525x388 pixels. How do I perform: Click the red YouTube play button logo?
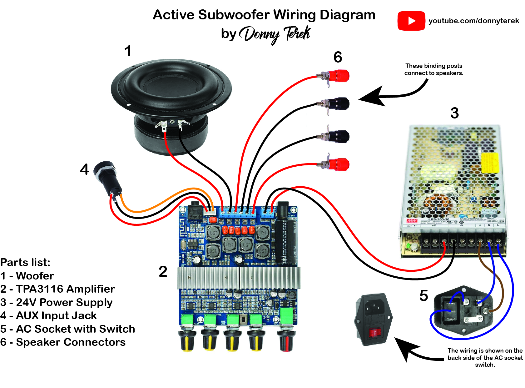pyautogui.click(x=411, y=21)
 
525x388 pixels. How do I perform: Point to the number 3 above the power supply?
pyautogui.click(x=454, y=113)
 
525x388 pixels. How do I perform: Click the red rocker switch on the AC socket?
pyautogui.click(x=375, y=333)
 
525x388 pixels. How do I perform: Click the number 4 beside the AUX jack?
pyautogui.click(x=84, y=169)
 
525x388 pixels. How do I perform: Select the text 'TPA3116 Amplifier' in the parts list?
pyautogui.click(x=65, y=289)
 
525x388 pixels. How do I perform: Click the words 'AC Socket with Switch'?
pyautogui.click(x=75, y=329)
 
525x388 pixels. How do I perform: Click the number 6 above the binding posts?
pyautogui.click(x=338, y=57)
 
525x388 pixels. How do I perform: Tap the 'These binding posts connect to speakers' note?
pyautogui.click(x=433, y=69)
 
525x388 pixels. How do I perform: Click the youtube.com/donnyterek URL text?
pyautogui.click(x=473, y=21)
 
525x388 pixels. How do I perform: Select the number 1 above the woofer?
pyautogui.click(x=127, y=51)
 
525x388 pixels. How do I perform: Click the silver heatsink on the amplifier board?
pyautogui.click(x=239, y=278)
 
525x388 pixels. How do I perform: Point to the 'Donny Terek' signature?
pyautogui.click(x=274, y=34)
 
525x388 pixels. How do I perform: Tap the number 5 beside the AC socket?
pyautogui.click(x=423, y=295)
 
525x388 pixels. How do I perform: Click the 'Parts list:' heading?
pyautogui.click(x=25, y=262)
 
